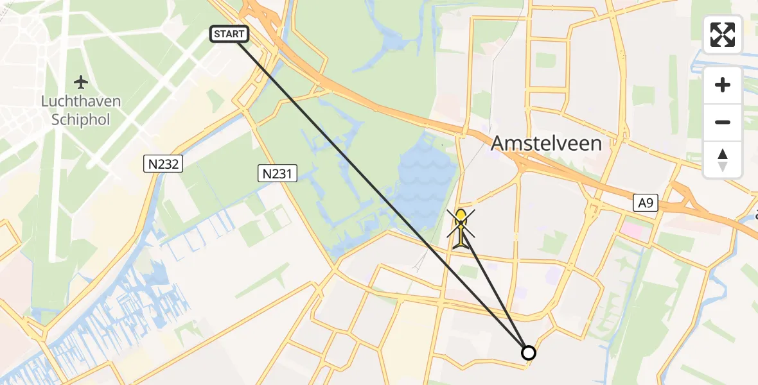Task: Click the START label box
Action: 229,34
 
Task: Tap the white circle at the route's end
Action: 528,352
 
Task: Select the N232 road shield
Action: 163,165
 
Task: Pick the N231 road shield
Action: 278,173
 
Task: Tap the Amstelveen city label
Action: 546,143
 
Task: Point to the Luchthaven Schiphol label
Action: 81,110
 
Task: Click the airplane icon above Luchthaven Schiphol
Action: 81,82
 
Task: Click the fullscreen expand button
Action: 723,34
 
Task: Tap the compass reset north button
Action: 723,160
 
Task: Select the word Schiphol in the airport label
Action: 81,119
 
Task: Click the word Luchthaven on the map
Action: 81,101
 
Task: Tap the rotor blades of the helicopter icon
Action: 462,221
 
